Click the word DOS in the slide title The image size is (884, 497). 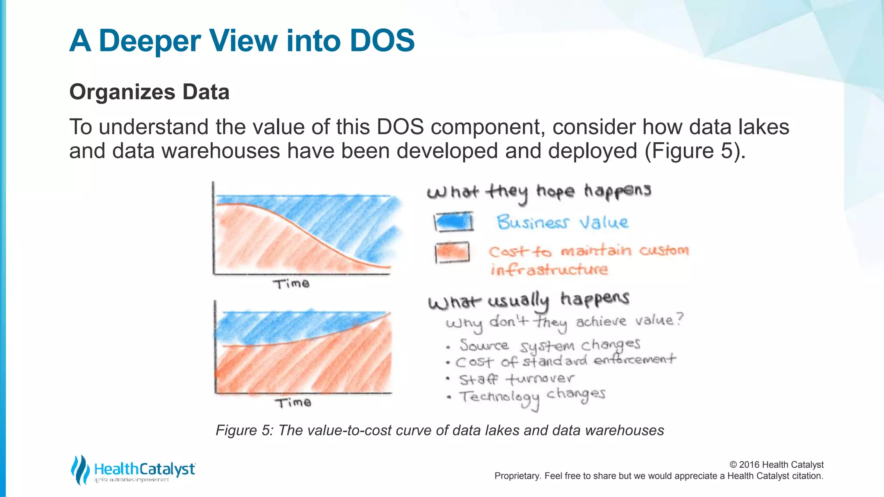click(382, 41)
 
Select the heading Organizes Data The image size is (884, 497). click(149, 92)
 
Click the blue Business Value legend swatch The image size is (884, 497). click(453, 222)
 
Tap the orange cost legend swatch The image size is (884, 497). click(452, 252)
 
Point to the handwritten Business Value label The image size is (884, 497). click(562, 223)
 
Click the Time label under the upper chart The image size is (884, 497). click(291, 284)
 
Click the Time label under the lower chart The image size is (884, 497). click(293, 403)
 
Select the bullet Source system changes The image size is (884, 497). click(549, 346)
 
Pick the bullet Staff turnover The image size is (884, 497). click(516, 379)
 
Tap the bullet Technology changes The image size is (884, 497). click(532, 396)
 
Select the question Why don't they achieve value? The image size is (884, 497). click(565, 322)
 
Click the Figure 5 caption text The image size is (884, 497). click(439, 430)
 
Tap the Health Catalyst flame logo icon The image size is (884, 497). click(80, 469)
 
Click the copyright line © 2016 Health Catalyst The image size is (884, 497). click(776, 465)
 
